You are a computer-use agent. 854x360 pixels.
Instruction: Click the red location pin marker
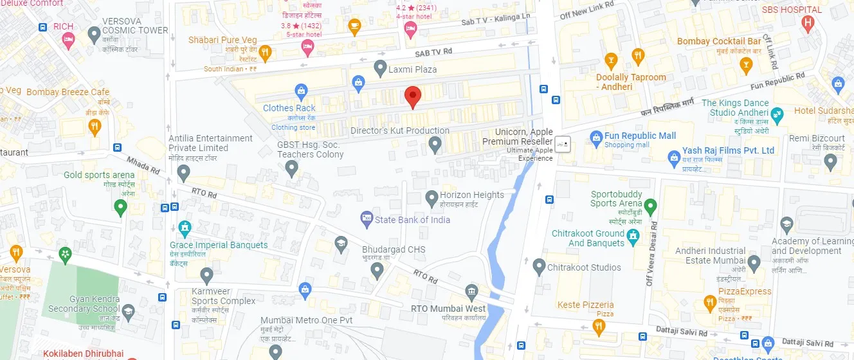(x=413, y=97)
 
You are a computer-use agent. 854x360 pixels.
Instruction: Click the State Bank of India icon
(x=367, y=219)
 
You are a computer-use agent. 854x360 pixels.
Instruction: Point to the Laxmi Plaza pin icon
(x=380, y=68)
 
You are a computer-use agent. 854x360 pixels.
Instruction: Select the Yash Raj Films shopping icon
(x=674, y=156)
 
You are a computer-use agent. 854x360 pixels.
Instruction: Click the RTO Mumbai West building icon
(x=472, y=292)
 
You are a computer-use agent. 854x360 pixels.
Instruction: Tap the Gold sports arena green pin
(x=120, y=208)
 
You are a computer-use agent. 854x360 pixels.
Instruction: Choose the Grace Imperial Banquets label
(x=219, y=245)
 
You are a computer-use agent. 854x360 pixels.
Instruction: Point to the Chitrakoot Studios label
(x=584, y=267)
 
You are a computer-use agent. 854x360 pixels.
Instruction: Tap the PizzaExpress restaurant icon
(x=710, y=302)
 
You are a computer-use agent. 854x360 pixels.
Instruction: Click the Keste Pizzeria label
(x=585, y=305)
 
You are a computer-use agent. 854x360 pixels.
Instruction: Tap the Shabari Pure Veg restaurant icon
(x=265, y=52)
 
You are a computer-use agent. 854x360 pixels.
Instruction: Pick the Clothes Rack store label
(x=289, y=108)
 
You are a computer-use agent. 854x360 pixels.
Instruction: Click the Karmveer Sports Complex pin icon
(x=206, y=276)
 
